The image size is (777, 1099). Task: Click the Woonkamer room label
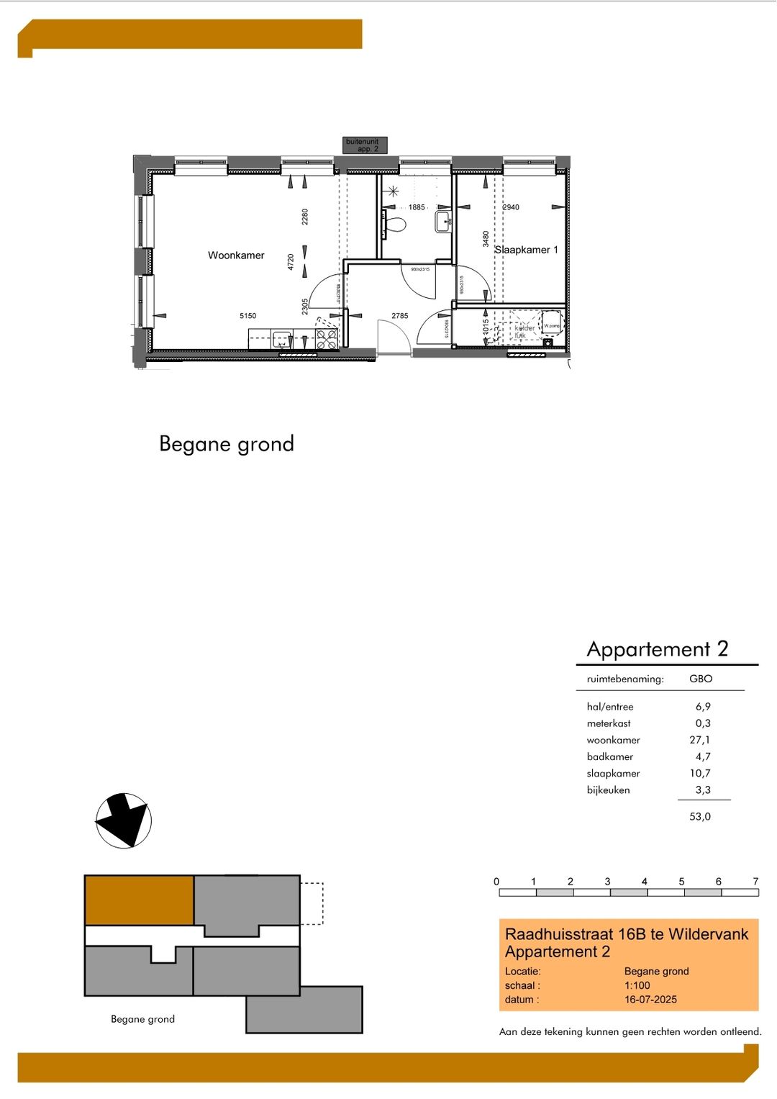point(236,255)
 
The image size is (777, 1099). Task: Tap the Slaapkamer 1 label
point(527,250)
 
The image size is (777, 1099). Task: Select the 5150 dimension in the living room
point(247,316)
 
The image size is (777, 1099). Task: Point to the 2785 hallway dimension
point(399,316)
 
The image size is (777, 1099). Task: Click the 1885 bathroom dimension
point(417,207)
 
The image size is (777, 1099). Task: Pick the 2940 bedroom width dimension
point(511,207)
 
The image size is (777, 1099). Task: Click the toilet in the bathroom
point(395,225)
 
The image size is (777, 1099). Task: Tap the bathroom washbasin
point(443,221)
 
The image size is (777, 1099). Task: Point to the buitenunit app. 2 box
point(365,145)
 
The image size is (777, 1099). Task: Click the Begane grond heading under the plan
point(227,444)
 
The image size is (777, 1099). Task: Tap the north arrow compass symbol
point(124,820)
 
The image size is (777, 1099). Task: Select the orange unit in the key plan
point(139,900)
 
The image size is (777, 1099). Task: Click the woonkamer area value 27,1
point(699,740)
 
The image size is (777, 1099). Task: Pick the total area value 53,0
point(699,817)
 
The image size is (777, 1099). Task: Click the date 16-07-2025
point(650,1000)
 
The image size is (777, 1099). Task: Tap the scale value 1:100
point(637,986)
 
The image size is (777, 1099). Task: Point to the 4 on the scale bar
point(644,882)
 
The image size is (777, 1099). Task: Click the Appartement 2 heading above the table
point(657,649)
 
